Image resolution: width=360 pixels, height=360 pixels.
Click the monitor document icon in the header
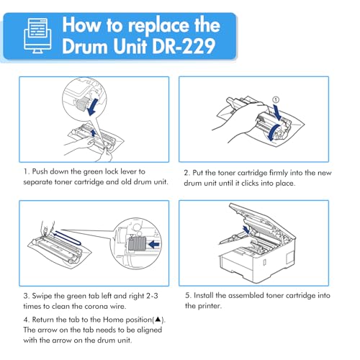coord(37,35)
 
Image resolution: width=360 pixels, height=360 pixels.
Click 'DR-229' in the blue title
coord(184,46)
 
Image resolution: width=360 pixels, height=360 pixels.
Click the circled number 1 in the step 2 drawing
coord(276,99)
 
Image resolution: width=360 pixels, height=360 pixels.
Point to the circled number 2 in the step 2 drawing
coord(279,134)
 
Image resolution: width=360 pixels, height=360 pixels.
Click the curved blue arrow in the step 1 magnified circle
coord(93,107)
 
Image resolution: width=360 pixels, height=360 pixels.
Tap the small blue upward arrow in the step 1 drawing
coord(94,133)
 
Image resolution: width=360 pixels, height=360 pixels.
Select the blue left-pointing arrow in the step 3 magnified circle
coord(154,245)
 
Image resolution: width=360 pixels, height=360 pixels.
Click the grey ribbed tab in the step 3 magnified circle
coord(137,244)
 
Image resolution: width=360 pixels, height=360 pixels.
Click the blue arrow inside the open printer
coord(246,229)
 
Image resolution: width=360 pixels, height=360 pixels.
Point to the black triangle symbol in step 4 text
coord(158,320)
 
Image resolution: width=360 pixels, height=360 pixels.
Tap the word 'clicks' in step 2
coord(250,183)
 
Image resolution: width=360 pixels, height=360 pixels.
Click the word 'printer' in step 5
coord(209,306)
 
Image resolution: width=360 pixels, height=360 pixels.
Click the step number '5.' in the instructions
coord(188,295)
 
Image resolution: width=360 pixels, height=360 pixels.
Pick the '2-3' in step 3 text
coord(152,296)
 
